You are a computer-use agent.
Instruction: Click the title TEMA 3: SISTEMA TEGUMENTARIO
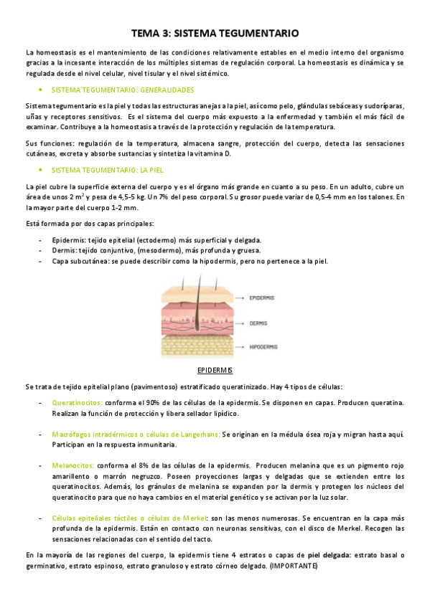click(x=215, y=34)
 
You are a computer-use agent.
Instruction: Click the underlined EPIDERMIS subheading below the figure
click(x=215, y=370)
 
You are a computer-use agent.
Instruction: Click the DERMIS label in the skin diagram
click(x=259, y=323)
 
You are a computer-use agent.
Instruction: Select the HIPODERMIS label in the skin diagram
click(x=266, y=347)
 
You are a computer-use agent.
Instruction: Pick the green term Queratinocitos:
click(x=78, y=403)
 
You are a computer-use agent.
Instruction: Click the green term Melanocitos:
click(x=74, y=465)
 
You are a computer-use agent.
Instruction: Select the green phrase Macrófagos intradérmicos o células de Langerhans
click(x=136, y=434)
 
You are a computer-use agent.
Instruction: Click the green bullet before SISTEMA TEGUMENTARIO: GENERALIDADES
click(x=41, y=90)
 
